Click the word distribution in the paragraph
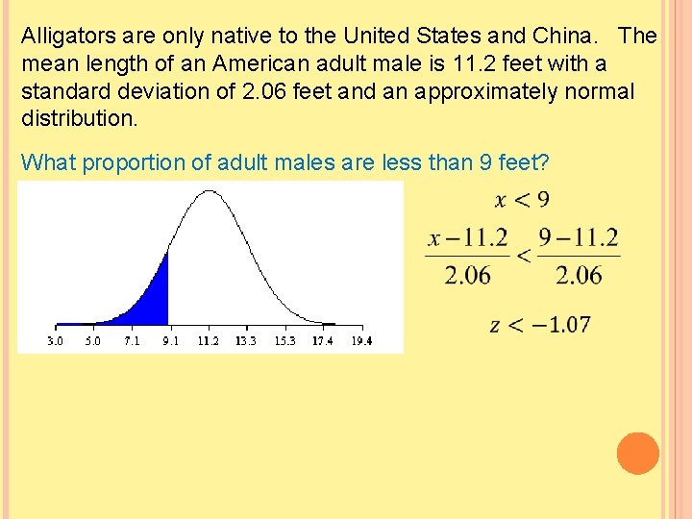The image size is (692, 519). point(79,120)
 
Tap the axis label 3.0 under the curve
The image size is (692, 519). point(56,341)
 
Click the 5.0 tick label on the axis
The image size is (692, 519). point(92,341)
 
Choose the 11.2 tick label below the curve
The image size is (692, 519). point(208,341)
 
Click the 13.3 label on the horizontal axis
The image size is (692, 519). point(246,341)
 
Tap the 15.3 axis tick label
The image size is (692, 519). point(284,341)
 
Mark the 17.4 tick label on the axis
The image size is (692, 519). point(323,341)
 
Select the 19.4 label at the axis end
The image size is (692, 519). point(361,341)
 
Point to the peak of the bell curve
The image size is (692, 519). point(208,191)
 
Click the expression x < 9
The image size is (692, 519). point(522,200)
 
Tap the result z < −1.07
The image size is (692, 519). point(540,325)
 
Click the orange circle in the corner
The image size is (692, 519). point(638,454)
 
